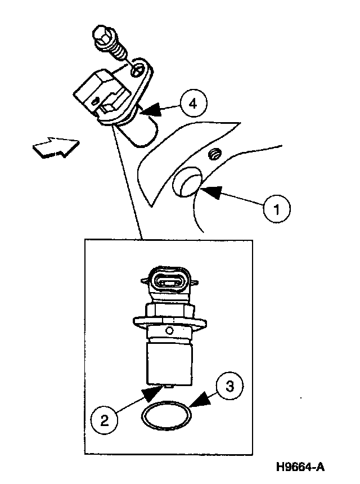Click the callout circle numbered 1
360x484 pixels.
276,209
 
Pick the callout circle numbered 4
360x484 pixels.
193,104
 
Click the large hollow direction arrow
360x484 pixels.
55,147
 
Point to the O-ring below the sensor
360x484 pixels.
166,417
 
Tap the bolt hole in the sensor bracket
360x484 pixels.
138,71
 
